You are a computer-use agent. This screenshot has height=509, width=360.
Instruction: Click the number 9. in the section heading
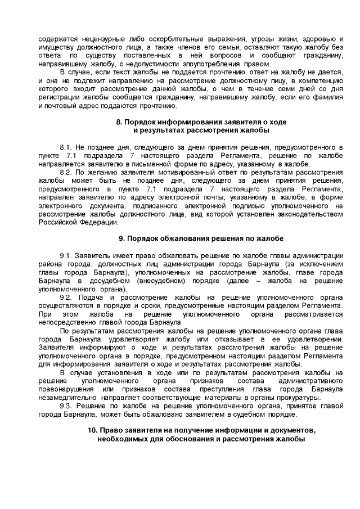pos(121,237)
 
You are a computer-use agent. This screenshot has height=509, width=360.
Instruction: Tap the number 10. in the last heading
pos(92,430)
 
